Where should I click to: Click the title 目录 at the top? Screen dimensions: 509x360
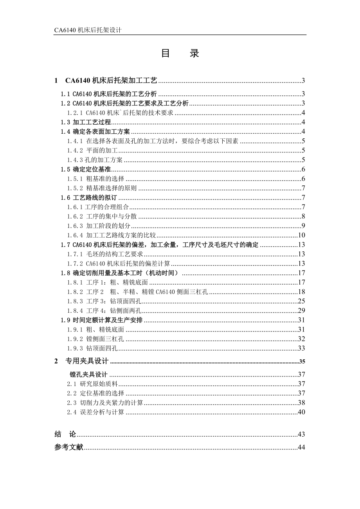point(180,54)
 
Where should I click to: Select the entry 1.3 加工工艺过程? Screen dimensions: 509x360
point(86,122)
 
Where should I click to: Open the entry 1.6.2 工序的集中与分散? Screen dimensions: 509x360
point(101,217)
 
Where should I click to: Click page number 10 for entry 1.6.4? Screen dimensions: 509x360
point(301,235)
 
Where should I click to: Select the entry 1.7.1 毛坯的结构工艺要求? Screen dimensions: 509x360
point(104,254)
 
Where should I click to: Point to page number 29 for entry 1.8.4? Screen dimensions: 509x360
point(301,311)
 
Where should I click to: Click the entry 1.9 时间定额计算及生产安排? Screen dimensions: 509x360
point(102,320)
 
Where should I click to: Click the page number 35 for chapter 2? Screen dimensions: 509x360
point(301,361)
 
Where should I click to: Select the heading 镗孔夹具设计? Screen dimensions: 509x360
point(88,375)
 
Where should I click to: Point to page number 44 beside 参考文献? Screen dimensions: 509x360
point(301,448)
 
